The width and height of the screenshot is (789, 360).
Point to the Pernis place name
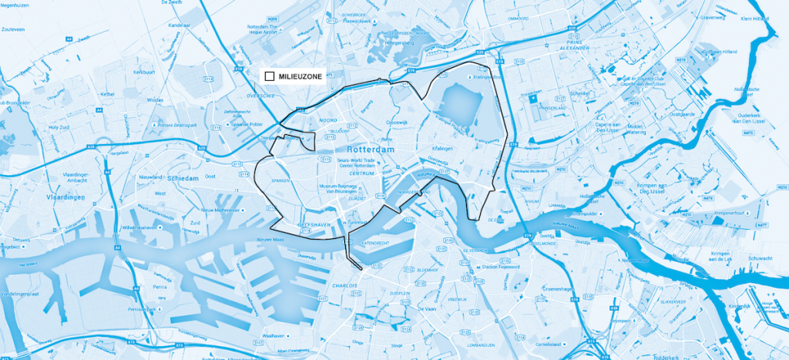(x=160, y=286)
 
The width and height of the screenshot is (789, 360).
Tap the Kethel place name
(x=106, y=93)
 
